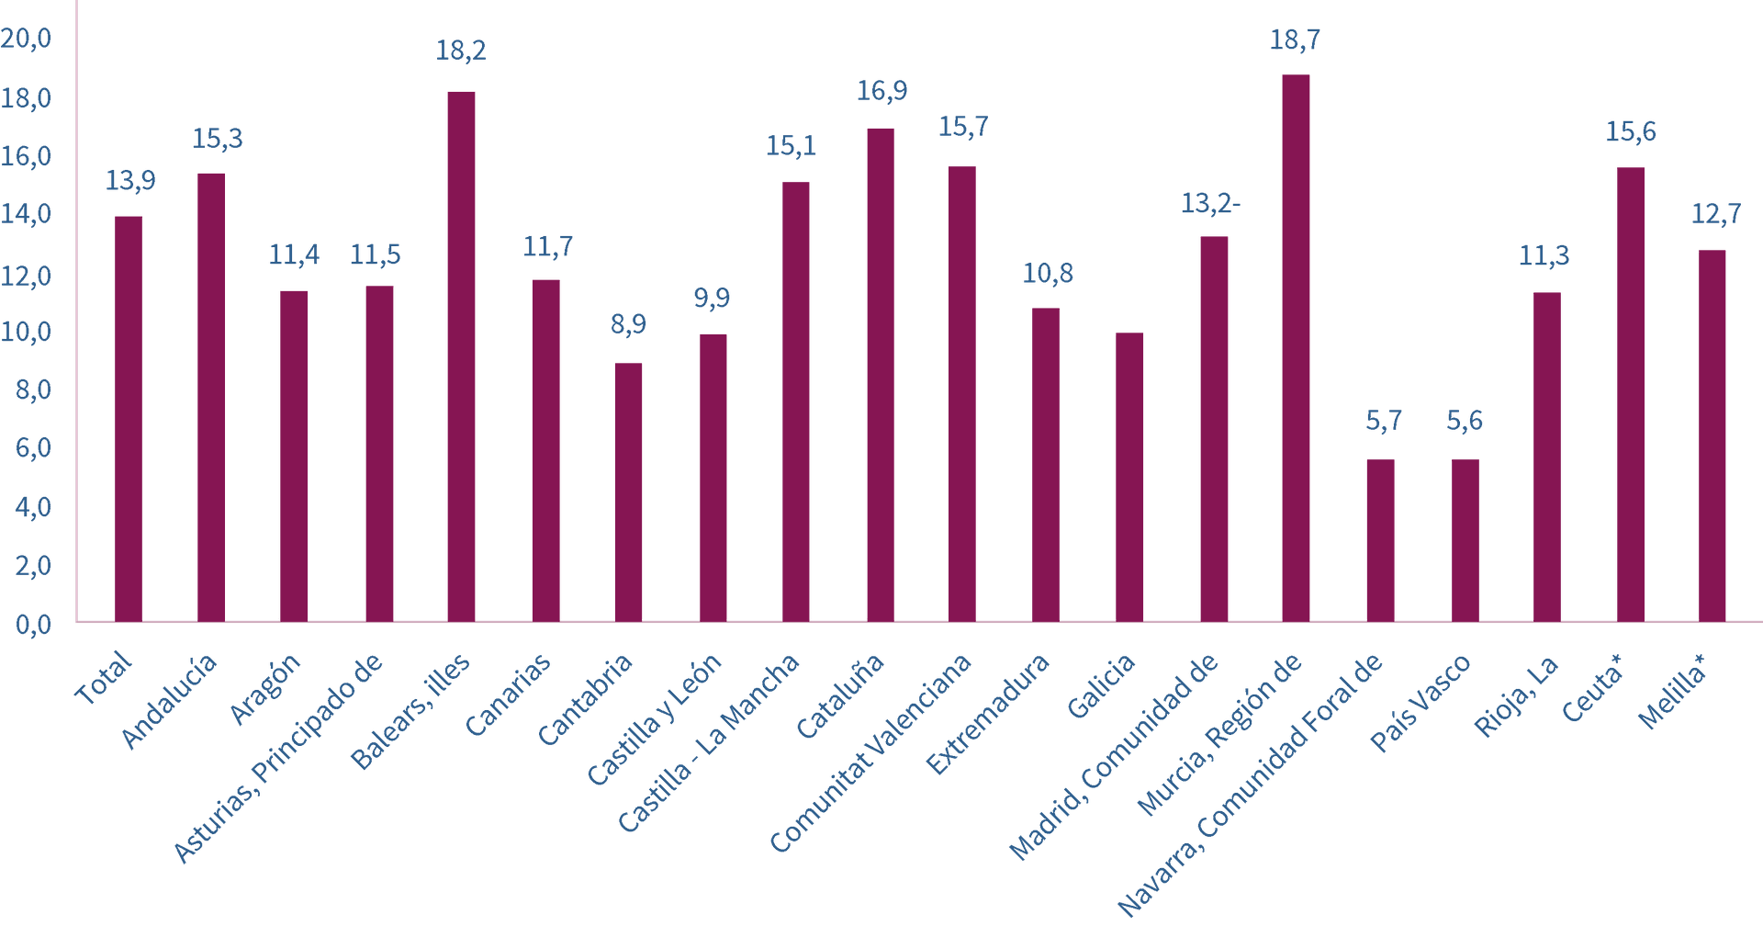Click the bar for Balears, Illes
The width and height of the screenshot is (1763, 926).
pos(461,356)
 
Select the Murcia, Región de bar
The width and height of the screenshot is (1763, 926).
pos(1296,348)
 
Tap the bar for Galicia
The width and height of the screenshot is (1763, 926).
pos(1129,477)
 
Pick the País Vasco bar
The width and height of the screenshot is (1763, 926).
pos(1465,540)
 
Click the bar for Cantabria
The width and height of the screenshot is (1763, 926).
pos(628,492)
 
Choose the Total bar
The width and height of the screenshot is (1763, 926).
pos(129,419)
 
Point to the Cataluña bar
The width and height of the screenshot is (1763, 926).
pos(880,375)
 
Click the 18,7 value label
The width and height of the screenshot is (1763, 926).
pos(1295,40)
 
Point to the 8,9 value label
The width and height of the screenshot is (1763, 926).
pos(628,324)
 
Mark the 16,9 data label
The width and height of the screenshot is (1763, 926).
pos(881,91)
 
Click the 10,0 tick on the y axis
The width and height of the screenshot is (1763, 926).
pos(28,333)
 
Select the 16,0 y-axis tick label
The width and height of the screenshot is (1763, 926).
pos(28,157)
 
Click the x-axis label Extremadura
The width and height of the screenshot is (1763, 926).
pos(988,714)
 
